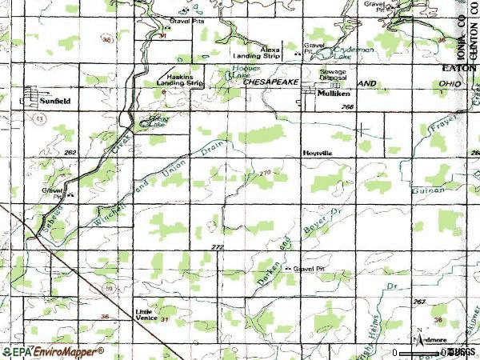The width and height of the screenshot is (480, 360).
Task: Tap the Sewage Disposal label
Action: pyautogui.click(x=334, y=74)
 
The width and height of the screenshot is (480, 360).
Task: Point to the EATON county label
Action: pyautogui.click(x=458, y=70)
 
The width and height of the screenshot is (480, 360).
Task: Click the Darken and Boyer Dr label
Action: pyautogui.click(x=294, y=238)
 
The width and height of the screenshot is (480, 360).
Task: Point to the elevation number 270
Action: pyautogui.click(x=265, y=172)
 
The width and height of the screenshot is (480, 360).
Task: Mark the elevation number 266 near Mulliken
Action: pyautogui.click(x=347, y=106)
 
